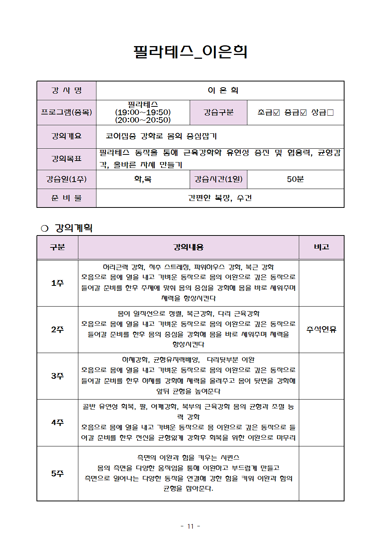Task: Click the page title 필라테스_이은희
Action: (x=190, y=52)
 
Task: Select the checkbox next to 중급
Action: (x=303, y=113)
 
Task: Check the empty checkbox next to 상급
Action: (x=330, y=113)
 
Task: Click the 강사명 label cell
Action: (x=66, y=91)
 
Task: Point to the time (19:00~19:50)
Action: (x=143, y=112)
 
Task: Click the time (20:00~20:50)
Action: (x=143, y=120)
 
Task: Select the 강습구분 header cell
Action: (x=218, y=112)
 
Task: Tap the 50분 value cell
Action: (x=295, y=179)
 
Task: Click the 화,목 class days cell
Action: (x=143, y=179)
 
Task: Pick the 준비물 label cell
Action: (x=66, y=198)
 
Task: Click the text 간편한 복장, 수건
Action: (x=220, y=198)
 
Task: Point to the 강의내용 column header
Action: (x=188, y=247)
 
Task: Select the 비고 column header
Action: (x=321, y=247)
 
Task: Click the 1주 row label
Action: (x=57, y=283)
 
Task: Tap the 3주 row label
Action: (x=57, y=376)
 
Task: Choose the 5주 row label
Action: (x=57, y=474)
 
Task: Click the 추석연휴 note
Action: (x=321, y=330)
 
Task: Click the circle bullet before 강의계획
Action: (x=45, y=229)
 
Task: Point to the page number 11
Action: (x=190, y=526)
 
